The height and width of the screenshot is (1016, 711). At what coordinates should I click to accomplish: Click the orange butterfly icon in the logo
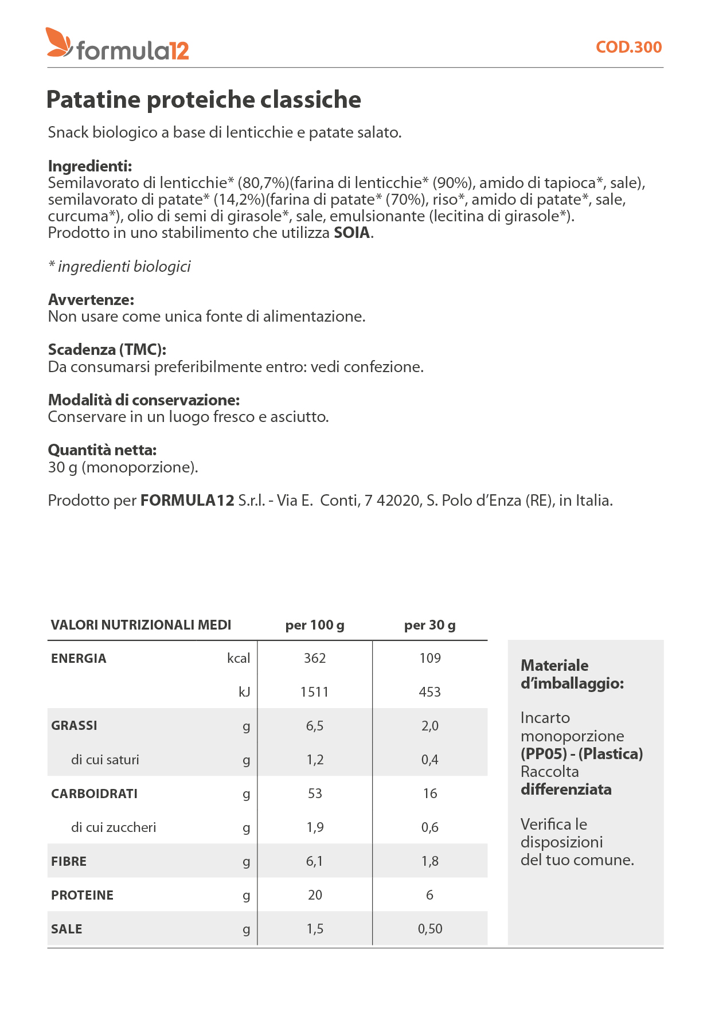(59, 42)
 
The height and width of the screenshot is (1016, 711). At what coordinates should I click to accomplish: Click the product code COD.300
(628, 47)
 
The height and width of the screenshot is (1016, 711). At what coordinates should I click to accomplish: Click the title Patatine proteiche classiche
(204, 100)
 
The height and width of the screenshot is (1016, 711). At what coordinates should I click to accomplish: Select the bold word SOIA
(352, 233)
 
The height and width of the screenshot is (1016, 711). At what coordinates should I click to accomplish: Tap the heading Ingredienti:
(90, 166)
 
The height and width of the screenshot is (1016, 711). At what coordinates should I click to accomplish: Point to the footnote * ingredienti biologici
(119, 267)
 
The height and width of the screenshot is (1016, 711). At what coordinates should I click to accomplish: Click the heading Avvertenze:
(91, 300)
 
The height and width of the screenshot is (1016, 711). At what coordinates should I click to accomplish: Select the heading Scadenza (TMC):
(107, 350)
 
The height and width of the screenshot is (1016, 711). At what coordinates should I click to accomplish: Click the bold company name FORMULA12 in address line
(187, 501)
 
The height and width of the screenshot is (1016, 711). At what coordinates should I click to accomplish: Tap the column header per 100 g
(315, 625)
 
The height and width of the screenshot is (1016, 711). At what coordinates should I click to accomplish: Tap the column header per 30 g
(429, 625)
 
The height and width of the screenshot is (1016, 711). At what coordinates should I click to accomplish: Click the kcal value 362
(315, 658)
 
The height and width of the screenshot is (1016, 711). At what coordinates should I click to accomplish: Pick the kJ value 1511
(315, 692)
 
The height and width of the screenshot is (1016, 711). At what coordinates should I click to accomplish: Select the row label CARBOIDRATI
(94, 794)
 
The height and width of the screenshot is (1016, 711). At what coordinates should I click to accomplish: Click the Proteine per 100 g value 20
(315, 895)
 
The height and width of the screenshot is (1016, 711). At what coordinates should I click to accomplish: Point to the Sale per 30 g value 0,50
(429, 929)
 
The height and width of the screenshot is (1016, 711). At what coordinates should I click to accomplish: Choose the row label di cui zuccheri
(114, 827)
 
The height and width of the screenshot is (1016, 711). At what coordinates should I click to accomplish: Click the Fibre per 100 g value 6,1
(315, 861)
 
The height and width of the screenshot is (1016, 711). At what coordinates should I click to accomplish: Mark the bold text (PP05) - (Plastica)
(581, 754)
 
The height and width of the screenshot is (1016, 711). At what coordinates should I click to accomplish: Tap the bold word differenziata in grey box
(566, 790)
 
